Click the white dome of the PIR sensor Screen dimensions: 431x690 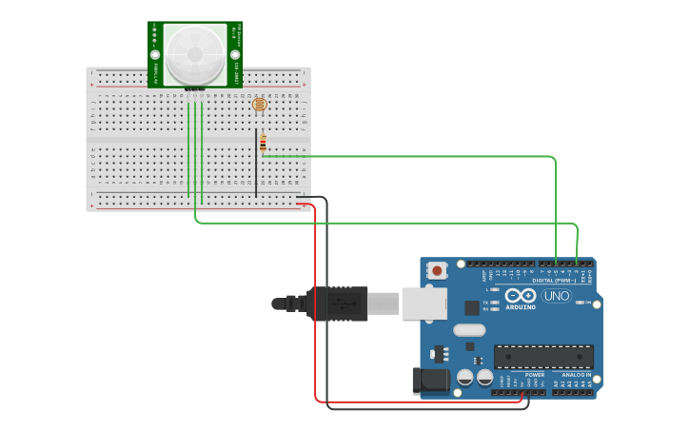(x=194, y=53)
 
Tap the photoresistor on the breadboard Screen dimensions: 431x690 (x=259, y=106)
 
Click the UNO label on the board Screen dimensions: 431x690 (x=556, y=296)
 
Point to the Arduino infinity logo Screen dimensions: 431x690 (x=521, y=296)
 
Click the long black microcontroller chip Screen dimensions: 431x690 (x=542, y=357)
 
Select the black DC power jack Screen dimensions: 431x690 (x=430, y=381)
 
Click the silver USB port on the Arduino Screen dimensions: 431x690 (x=423, y=304)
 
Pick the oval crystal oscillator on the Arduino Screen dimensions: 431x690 (x=468, y=330)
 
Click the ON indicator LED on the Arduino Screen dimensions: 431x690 (x=579, y=304)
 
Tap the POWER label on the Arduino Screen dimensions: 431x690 (x=535, y=375)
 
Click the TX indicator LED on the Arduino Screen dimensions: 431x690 (x=495, y=302)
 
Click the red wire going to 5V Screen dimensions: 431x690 (x=315, y=304)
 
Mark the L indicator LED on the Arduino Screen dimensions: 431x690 (x=495, y=289)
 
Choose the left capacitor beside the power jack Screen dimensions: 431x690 (x=464, y=378)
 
